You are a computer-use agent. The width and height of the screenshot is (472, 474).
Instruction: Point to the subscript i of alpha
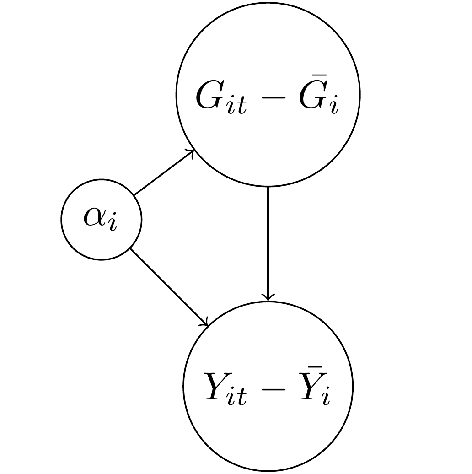(113, 224)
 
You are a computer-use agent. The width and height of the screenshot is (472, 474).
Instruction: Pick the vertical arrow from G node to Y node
(268, 242)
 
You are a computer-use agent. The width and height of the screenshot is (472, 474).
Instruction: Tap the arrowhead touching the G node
(193, 152)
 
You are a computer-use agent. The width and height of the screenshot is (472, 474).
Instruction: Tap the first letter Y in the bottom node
(217, 389)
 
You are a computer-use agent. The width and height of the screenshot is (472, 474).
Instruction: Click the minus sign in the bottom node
(274, 390)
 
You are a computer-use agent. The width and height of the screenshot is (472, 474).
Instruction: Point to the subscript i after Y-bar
(326, 399)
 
